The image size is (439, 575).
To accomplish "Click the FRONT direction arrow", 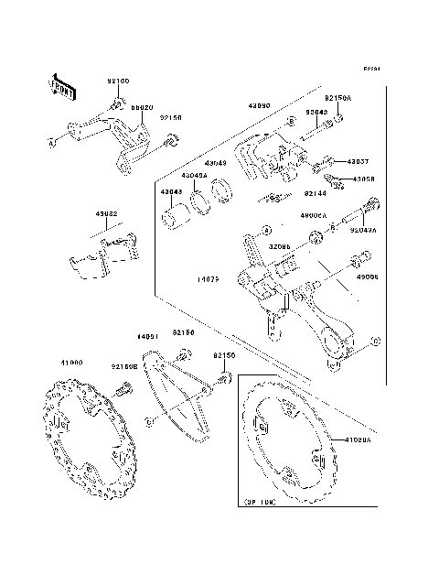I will click(x=61, y=86).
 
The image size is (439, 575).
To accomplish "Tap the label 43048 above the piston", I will click(x=171, y=191).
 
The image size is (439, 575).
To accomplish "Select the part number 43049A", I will click(x=193, y=175).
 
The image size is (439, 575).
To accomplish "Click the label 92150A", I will click(x=337, y=96).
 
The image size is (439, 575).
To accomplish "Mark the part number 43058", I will click(x=364, y=179).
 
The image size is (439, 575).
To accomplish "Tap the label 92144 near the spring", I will click(x=315, y=194).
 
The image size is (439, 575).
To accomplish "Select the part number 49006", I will click(x=367, y=276).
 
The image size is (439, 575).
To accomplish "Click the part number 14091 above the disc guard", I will click(x=149, y=336).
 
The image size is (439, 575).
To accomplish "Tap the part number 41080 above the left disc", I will click(x=71, y=362).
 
